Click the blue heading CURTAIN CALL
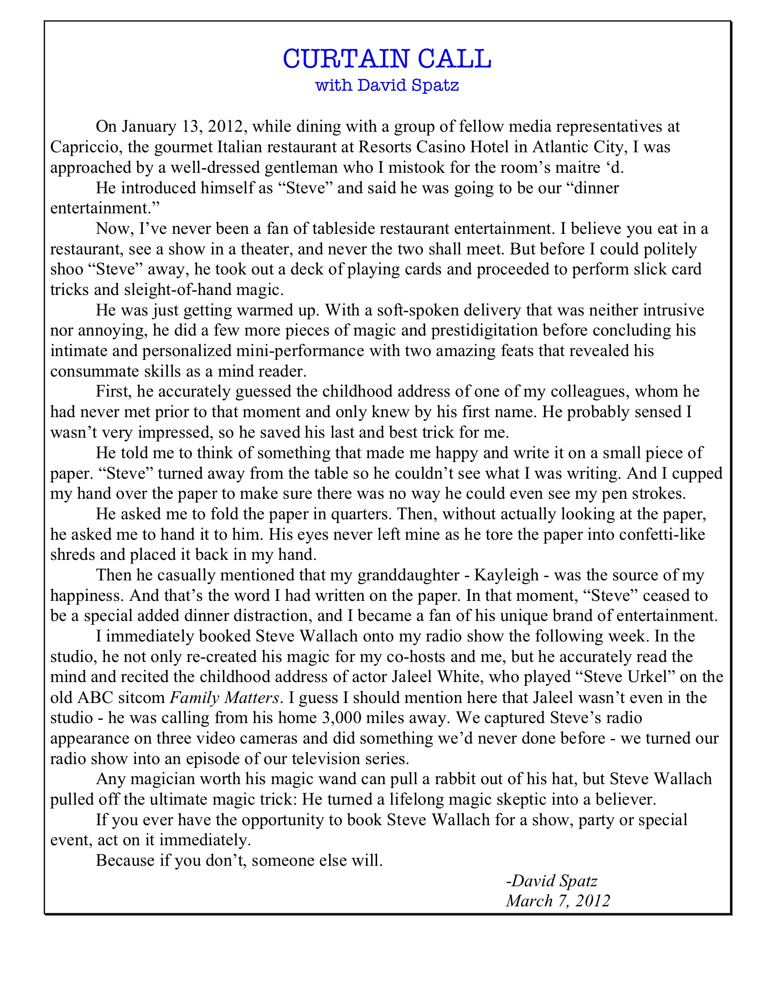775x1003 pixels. point(387,59)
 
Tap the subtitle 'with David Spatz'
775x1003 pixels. point(387,85)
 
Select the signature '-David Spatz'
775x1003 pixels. point(552,881)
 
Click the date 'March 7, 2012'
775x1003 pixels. point(558,901)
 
